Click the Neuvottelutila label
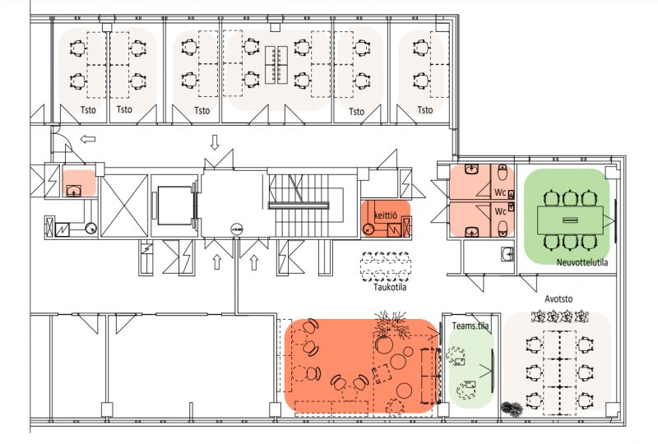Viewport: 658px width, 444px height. coord(582,262)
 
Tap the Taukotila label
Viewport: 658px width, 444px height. coord(390,288)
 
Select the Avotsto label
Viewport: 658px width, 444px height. coord(558,298)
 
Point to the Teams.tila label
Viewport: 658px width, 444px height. coord(470,326)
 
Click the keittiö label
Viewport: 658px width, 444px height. coord(385,215)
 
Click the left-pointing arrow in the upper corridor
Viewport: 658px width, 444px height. coord(88,139)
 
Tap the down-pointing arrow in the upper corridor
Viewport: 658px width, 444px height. coord(215,142)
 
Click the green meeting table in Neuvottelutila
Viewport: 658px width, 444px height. coord(570,220)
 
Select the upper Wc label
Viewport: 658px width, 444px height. coord(500,192)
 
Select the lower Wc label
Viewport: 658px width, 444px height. coord(500,211)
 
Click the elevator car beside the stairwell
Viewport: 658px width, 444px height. coord(174,206)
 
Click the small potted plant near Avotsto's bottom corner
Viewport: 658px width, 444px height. coord(512,409)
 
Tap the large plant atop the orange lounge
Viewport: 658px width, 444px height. coord(390,324)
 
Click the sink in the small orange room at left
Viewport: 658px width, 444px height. coord(75,190)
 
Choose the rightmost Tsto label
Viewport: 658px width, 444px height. coord(424,110)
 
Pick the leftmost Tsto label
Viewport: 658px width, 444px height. coord(88,110)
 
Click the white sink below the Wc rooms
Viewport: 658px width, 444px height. coord(507,254)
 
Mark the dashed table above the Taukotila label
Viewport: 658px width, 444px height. coord(386,266)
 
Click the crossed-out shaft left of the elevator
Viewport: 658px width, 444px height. coord(125,206)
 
